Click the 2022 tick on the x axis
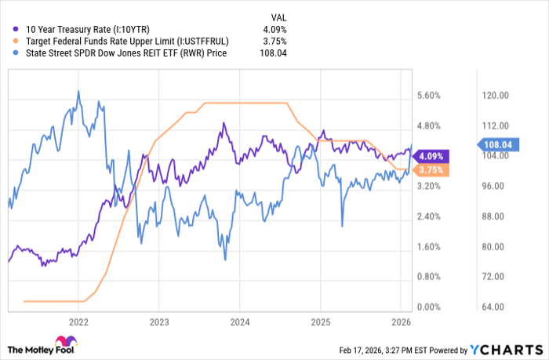78,322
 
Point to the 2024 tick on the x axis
240,322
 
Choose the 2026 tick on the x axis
401,322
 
